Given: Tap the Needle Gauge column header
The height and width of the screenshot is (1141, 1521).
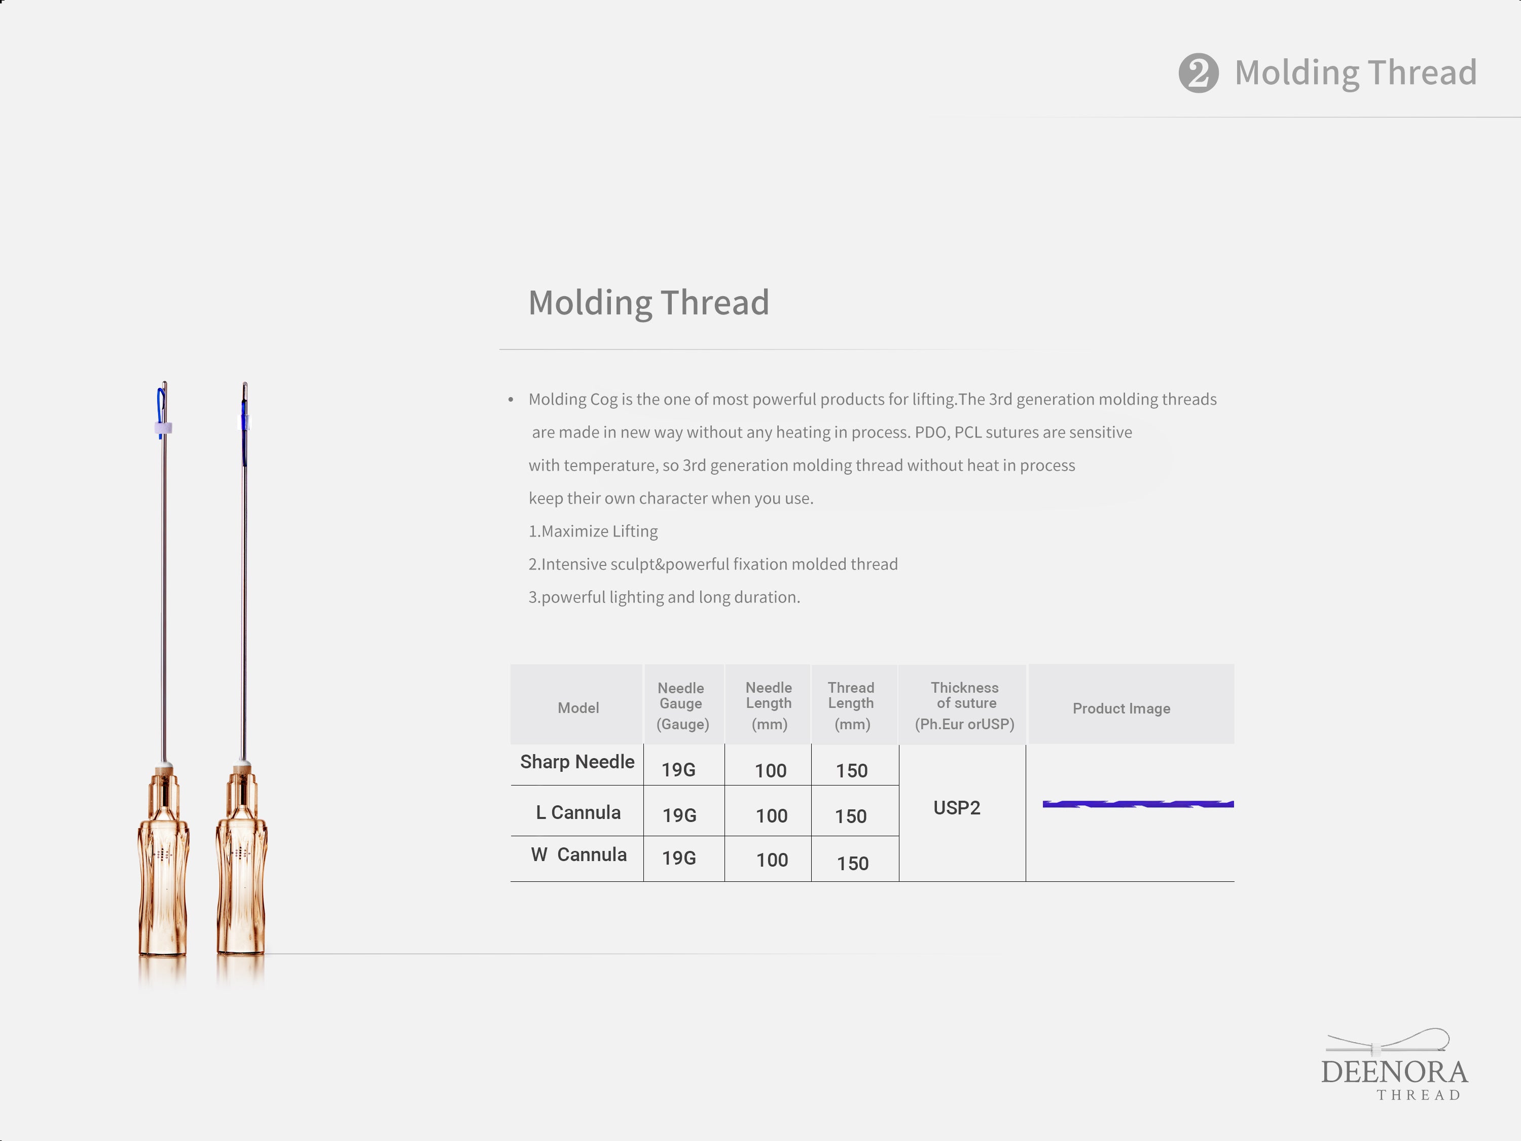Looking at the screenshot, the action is point(681,706).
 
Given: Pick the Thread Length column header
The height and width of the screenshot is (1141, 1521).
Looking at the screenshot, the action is point(851,706).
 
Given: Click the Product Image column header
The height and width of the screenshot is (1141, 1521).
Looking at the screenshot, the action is point(1121,708).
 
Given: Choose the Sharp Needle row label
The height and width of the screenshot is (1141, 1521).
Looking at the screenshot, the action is point(577,762).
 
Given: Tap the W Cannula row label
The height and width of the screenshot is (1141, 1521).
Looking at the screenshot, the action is point(579,855).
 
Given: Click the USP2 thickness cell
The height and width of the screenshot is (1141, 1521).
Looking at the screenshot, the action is point(957,807).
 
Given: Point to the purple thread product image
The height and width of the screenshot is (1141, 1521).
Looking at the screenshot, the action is point(1138,804).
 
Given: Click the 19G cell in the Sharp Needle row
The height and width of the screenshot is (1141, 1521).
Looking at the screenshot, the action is point(679,770).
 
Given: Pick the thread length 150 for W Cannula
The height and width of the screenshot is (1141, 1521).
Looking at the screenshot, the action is point(853,863).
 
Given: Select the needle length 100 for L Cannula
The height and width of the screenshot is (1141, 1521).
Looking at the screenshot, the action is point(772,815).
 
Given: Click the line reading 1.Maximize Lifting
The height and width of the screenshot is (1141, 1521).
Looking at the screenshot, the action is point(593,531).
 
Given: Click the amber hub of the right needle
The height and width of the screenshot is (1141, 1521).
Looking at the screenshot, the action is point(241,860).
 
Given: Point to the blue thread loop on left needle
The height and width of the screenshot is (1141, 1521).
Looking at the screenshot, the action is point(160,406).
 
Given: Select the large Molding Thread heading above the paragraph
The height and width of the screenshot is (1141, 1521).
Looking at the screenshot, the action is point(648,303).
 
